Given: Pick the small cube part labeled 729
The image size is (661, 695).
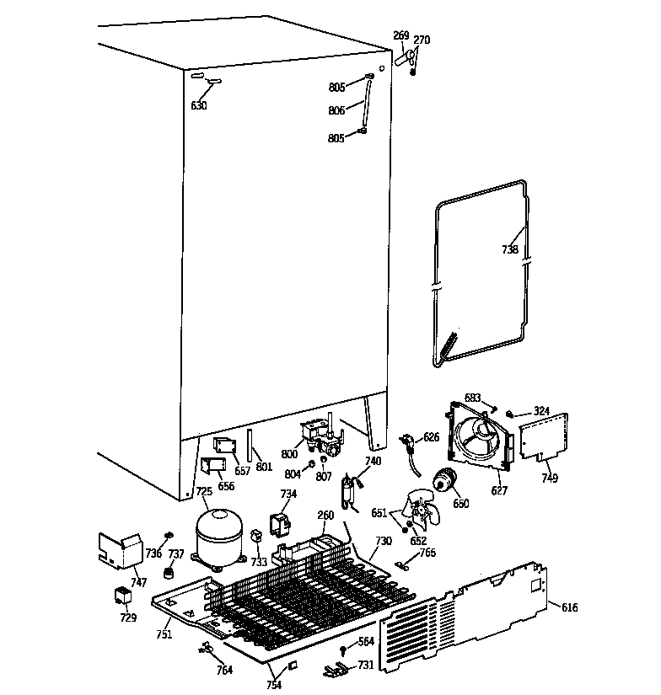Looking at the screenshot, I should (x=124, y=597).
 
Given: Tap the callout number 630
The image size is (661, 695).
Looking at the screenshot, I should (x=199, y=105).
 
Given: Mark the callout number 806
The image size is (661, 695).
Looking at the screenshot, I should (x=336, y=110).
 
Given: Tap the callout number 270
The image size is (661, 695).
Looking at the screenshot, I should (x=422, y=39).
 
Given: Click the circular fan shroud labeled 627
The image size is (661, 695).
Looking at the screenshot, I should (x=479, y=436).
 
